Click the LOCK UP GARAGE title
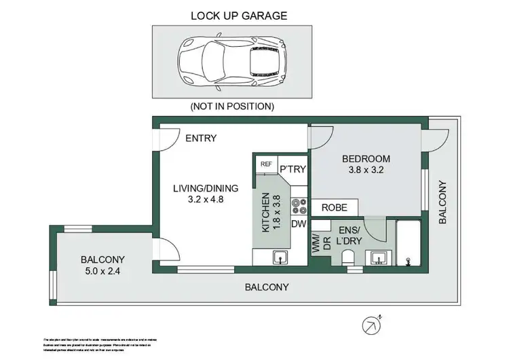[x=229, y=15]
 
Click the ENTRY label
[x=201, y=139]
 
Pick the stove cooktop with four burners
[x=297, y=204]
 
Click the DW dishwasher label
[x=298, y=223]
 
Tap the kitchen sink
[x=280, y=257]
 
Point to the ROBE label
[x=335, y=208]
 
